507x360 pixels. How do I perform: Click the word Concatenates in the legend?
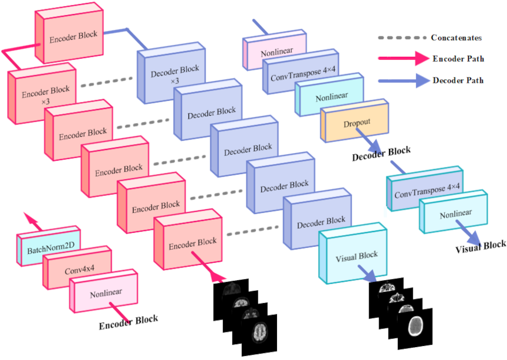(456, 38)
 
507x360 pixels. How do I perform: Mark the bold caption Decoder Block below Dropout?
(381, 154)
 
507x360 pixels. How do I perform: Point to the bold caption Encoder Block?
(129, 320)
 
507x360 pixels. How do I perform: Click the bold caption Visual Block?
(480, 246)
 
